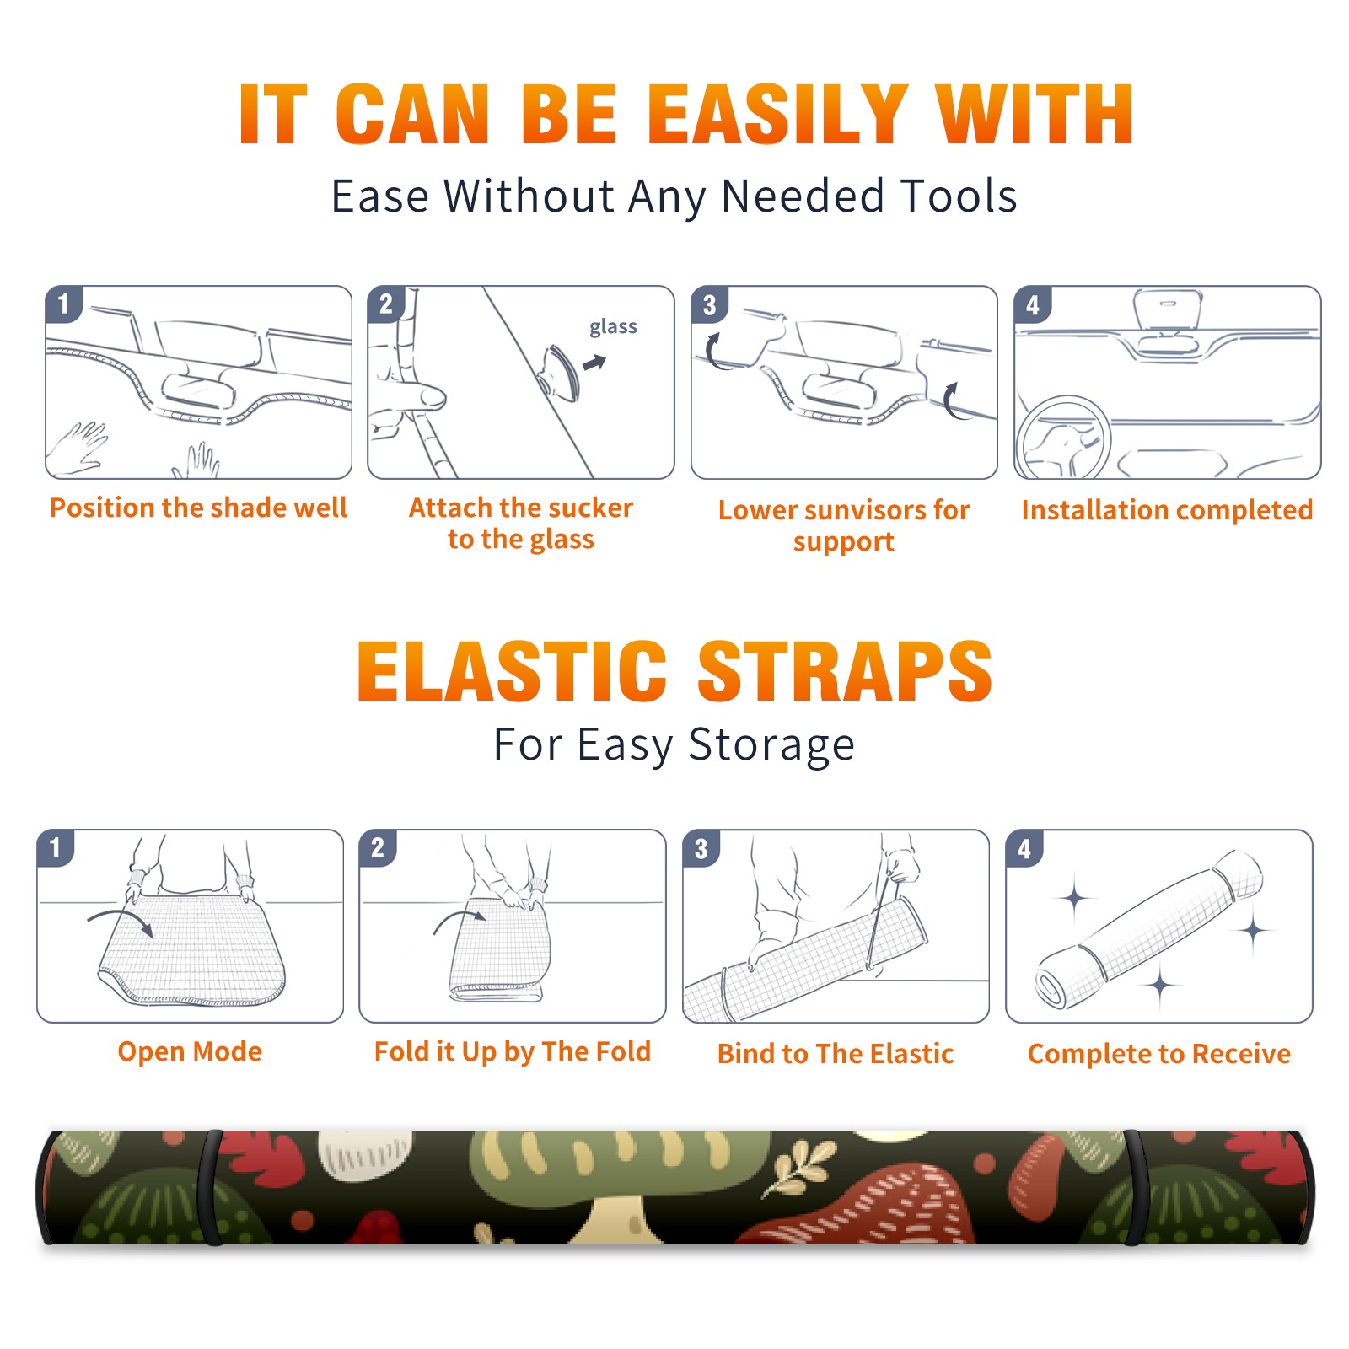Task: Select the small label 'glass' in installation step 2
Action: click(613, 327)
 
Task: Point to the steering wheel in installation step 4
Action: click(1062, 438)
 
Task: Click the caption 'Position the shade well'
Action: click(198, 508)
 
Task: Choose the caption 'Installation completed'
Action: click(1167, 509)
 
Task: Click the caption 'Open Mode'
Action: click(190, 1051)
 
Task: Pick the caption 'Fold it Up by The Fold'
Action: click(513, 1051)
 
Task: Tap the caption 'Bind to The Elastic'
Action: click(836, 1053)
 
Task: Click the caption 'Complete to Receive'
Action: click(1159, 1053)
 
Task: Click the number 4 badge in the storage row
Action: click(1024, 848)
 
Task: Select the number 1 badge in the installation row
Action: click(64, 304)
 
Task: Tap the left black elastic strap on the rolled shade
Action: click(212, 1187)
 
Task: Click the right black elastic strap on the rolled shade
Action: click(1135, 1187)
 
